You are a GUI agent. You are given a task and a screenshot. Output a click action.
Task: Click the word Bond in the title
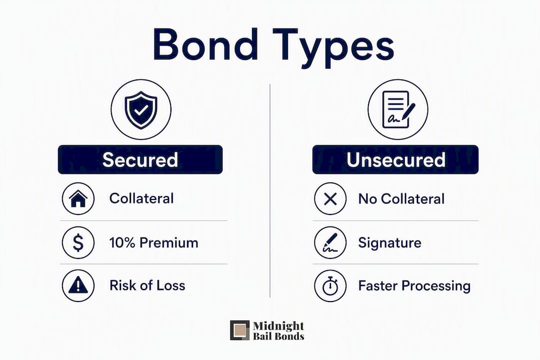point(205,45)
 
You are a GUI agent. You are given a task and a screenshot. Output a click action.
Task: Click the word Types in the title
point(333,48)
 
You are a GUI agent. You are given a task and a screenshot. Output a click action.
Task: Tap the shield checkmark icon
point(141,109)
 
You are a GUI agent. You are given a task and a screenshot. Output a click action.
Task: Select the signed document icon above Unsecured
point(398,109)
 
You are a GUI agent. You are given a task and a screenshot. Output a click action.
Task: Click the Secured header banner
point(140,159)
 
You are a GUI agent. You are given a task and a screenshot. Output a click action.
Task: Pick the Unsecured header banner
point(395,159)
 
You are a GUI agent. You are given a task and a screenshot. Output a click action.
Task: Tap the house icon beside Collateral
point(78,199)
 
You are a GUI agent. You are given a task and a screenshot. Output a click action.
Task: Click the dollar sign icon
point(78,242)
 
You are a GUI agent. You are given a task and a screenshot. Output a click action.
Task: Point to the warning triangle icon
point(78,285)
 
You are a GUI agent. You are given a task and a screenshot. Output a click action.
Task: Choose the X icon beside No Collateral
point(330,199)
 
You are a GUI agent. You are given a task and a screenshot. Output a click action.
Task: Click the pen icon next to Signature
point(330,242)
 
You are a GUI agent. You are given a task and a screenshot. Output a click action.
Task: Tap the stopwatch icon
point(330,286)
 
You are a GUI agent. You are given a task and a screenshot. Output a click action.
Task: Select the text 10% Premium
point(153,243)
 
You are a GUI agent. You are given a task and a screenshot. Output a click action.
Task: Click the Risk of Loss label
point(147,285)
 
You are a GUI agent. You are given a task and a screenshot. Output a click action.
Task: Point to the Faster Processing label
point(414,286)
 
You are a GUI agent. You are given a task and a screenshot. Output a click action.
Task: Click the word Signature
point(390,243)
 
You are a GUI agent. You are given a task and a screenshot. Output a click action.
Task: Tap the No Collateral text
point(401,199)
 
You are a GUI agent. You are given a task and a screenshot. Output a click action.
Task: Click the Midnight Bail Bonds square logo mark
point(239,330)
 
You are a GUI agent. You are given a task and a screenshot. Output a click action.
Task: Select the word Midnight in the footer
point(278,326)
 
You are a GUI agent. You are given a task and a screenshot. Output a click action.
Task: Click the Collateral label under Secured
point(141,198)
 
